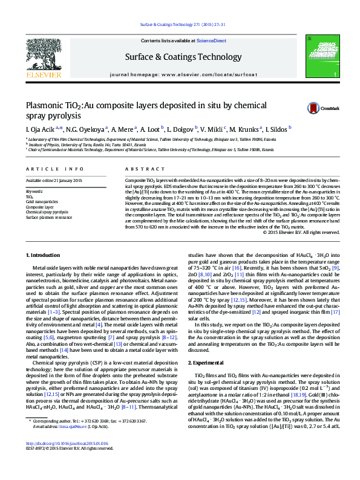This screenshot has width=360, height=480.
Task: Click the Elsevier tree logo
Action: click(x=44, y=57)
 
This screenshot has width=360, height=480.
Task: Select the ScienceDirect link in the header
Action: click(x=212, y=41)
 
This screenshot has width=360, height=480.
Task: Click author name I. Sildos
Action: click(x=277, y=129)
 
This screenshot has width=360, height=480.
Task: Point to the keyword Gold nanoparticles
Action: click(x=42, y=201)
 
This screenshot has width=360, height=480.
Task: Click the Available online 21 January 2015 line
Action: click(x=54, y=181)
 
